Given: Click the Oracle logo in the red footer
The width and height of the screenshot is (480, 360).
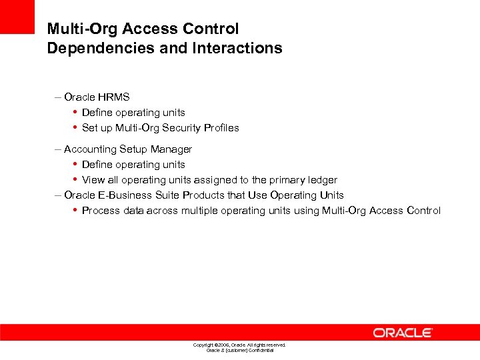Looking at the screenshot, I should [403, 332].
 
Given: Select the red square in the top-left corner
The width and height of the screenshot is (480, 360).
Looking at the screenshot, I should [17, 16].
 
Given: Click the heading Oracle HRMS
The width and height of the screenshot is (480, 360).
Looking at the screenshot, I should [97, 97].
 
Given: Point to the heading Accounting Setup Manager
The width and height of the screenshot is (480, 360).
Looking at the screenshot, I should [128, 149].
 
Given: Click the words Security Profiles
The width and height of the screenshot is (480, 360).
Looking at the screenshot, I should [207, 128].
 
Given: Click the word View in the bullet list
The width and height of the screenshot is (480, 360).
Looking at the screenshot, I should [93, 180].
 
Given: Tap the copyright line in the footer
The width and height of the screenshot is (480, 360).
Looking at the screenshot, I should [239, 345].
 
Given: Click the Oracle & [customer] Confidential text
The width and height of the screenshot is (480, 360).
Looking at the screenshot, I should [239, 350].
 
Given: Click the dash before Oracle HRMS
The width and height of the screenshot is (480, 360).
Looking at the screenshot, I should [58, 97].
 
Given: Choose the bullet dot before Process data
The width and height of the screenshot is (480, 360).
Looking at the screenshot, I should [75, 211].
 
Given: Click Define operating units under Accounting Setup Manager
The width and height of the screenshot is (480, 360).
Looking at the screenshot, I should [133, 165].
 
